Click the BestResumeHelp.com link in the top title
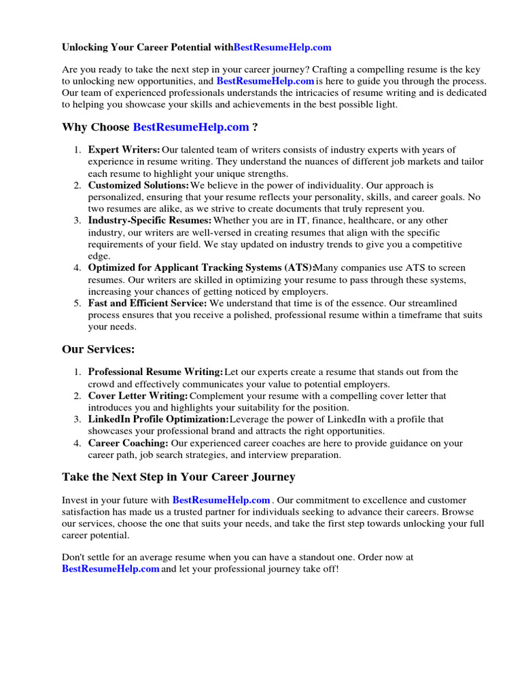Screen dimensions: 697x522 click(x=282, y=48)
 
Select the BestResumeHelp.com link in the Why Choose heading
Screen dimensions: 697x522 click(x=191, y=127)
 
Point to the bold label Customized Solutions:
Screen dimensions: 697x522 click(x=139, y=185)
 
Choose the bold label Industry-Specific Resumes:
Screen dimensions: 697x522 click(x=150, y=221)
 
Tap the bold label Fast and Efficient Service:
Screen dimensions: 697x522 click(x=147, y=304)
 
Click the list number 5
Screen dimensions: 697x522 click(x=77, y=304)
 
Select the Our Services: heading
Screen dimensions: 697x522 click(x=99, y=349)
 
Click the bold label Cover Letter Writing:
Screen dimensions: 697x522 click(x=138, y=396)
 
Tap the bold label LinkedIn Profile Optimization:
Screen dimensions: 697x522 click(x=158, y=419)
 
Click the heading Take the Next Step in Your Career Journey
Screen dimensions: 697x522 click(x=178, y=477)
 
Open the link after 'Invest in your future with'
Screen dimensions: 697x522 click(x=221, y=500)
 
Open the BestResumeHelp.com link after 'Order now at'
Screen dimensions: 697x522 click(x=111, y=568)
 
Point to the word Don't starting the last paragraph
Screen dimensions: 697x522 click(x=74, y=557)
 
